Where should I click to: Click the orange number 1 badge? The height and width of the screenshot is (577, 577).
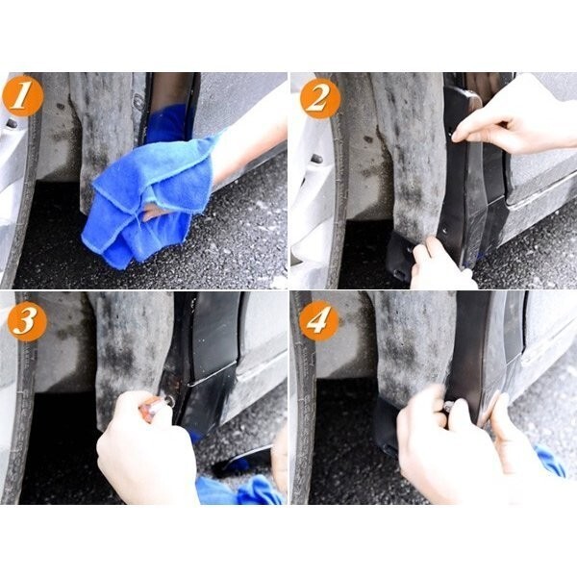click(22, 96)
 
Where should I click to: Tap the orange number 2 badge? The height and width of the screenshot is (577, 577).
click(320, 98)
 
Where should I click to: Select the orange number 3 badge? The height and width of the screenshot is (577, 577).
click(27, 321)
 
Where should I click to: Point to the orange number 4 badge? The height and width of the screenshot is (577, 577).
click(318, 320)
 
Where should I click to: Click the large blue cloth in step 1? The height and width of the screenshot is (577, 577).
click(147, 199)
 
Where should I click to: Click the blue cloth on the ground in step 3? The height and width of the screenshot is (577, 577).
click(241, 490)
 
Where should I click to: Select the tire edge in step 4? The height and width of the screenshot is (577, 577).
click(305, 397)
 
